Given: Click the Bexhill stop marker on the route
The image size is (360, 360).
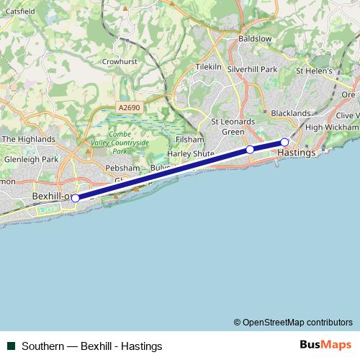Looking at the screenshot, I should (76, 198).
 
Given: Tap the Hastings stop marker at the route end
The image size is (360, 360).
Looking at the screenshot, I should (285, 142).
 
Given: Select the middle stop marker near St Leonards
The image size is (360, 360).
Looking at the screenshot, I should (250, 150).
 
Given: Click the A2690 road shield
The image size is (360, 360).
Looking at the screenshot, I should (128, 108).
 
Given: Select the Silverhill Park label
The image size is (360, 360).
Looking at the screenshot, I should (252, 69).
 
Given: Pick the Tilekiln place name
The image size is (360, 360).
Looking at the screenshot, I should (208, 66).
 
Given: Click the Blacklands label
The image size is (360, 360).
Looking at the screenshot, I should (290, 113).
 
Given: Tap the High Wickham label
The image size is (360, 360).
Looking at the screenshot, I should (331, 127).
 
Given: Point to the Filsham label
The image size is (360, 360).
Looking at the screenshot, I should (189, 139).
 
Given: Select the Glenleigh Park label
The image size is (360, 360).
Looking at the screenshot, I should (30, 159).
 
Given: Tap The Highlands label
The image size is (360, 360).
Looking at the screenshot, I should (29, 139).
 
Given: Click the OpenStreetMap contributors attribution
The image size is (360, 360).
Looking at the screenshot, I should (293, 322).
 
